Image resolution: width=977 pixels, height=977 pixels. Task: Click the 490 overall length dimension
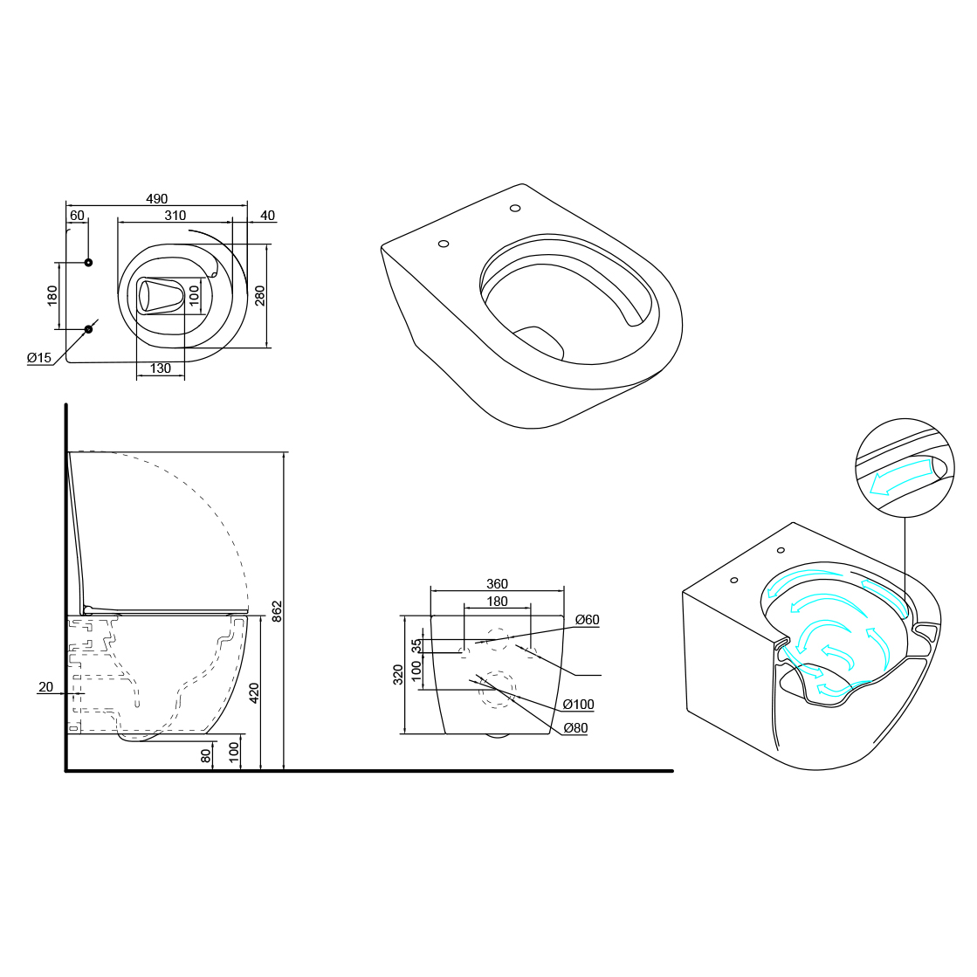coord(157,199)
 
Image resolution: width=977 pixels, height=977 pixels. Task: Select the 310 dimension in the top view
coord(175,216)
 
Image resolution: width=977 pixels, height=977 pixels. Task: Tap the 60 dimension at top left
coord(77,216)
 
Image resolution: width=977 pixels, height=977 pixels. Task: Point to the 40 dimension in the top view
coord(267,216)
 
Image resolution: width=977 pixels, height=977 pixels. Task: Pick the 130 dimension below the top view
coord(161,368)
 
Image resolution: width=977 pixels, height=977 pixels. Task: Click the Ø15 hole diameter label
coord(39,358)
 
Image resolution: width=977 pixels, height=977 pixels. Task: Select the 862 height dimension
coord(278,611)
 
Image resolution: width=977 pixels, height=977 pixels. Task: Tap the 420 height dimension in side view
coord(254,692)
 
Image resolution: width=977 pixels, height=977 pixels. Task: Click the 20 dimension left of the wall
coord(45,687)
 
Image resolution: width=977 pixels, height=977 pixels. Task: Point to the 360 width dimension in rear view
coord(497,584)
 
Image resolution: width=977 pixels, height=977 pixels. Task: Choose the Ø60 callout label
coord(587,620)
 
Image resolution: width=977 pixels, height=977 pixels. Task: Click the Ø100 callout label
coord(578,705)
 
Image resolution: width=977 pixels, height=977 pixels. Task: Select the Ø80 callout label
coord(575,727)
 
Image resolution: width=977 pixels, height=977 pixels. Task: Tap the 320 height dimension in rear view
coord(399,674)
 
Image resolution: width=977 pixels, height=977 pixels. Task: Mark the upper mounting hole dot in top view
coord(88,263)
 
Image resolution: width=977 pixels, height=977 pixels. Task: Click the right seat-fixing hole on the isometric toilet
coord(515,208)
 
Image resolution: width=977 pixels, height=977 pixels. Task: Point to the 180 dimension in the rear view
coord(497,602)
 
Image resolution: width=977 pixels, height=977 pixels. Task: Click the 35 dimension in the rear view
coord(417,646)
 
